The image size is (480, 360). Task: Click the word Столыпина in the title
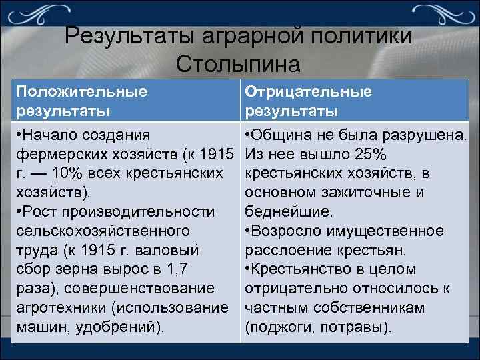pyautogui.click(x=239, y=64)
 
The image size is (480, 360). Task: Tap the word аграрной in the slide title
pyautogui.click(x=258, y=35)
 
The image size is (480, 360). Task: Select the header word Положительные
pyautogui.click(x=81, y=91)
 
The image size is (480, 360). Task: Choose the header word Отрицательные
pyautogui.click(x=309, y=91)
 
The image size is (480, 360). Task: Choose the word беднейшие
pyautogui.click(x=287, y=212)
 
